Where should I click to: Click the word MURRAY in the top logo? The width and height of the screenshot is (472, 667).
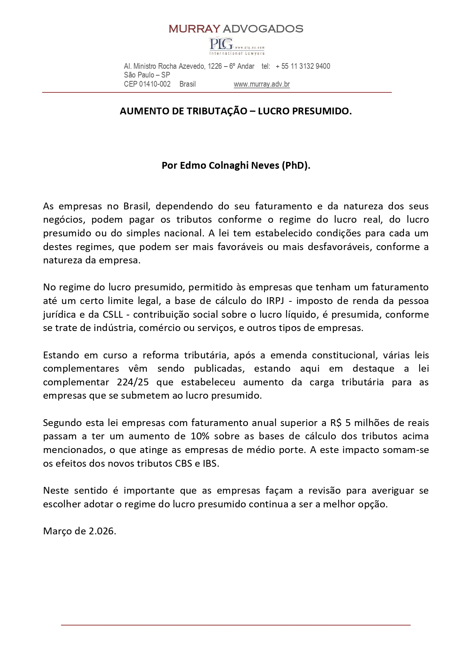[194, 29]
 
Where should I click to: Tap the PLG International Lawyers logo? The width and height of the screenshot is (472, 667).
[237, 46]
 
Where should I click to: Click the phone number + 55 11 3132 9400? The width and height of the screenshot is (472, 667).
[303, 66]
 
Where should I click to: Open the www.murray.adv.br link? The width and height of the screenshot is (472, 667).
[262, 84]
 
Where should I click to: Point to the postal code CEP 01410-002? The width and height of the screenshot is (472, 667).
[147, 84]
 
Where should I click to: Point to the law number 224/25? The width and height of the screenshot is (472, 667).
[133, 382]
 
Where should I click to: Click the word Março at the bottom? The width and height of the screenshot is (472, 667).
[57, 531]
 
